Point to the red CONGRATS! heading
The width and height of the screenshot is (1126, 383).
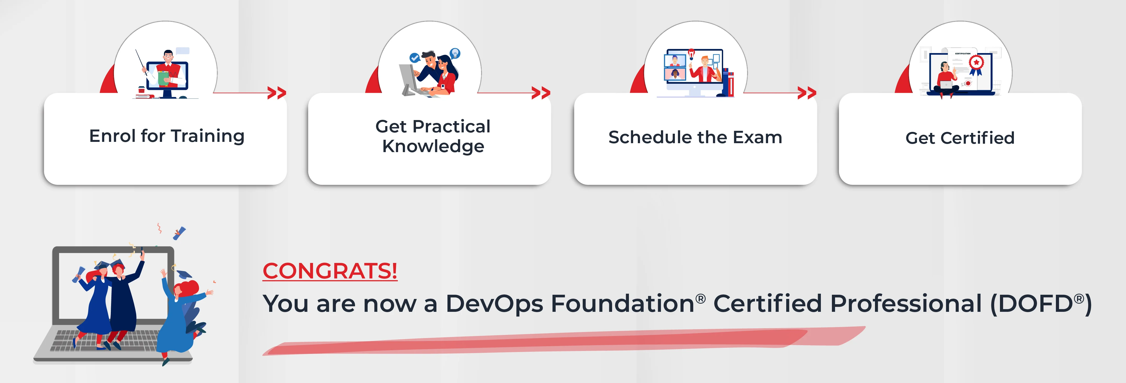[330, 271]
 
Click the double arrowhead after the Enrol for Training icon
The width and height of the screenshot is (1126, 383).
[277, 93]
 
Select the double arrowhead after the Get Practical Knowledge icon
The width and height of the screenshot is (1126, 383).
[541, 93]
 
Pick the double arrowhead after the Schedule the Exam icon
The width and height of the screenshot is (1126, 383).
[806, 93]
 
